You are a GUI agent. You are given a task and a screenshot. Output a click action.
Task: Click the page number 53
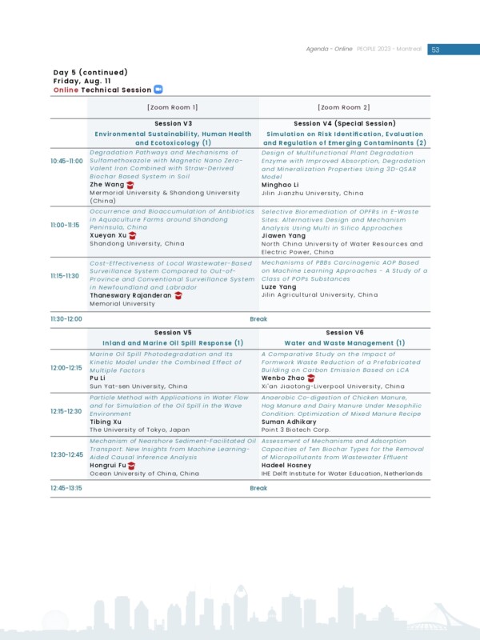click(435, 50)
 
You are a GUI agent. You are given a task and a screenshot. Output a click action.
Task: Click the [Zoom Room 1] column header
click(173, 107)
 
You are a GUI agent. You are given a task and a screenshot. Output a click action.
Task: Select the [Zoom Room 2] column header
click(344, 107)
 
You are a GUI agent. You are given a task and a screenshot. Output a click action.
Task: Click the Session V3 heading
click(173, 124)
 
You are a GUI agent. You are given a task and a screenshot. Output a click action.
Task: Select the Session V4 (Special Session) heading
click(344, 124)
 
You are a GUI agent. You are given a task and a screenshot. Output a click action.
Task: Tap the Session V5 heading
click(173, 333)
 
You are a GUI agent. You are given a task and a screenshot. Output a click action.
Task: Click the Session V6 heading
click(344, 333)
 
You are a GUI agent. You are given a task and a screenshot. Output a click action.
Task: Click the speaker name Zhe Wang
click(107, 185)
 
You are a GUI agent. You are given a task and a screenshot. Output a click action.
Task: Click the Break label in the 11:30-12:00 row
click(258, 318)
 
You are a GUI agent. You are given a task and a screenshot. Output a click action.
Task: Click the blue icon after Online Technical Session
click(158, 90)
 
